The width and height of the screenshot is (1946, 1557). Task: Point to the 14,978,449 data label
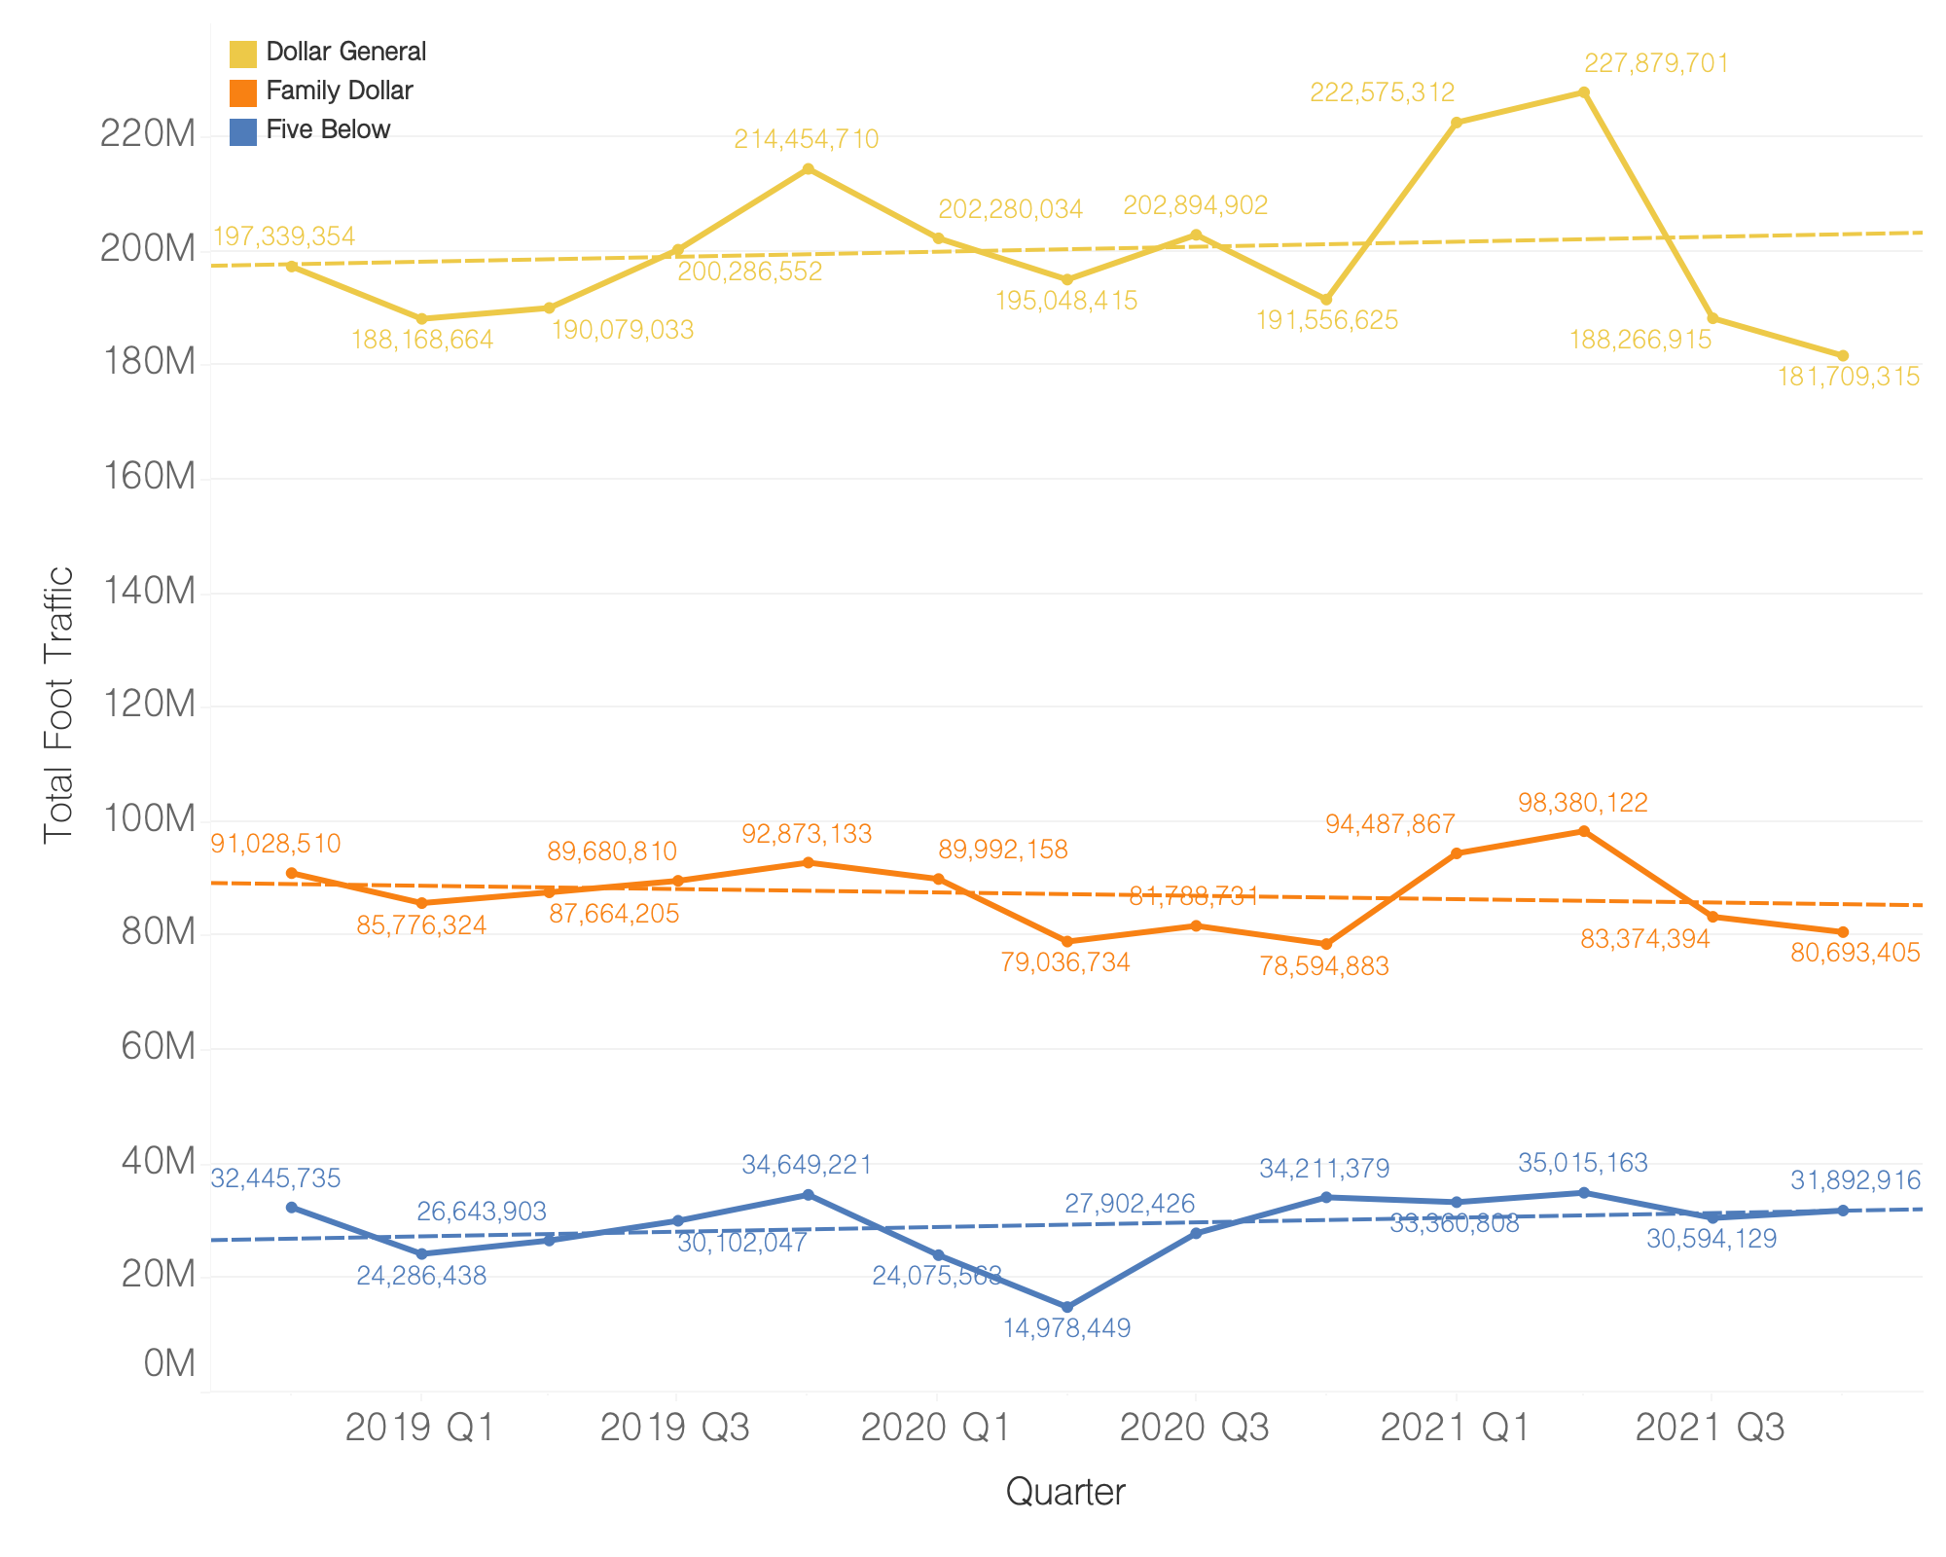[x=1066, y=1328]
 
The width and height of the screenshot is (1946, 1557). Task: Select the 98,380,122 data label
[x=1583, y=804]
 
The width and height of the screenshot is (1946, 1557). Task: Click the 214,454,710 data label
[x=806, y=140]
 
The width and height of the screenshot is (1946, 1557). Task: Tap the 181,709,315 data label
[x=1849, y=378]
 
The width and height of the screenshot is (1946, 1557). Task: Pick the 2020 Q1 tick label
[x=937, y=1429]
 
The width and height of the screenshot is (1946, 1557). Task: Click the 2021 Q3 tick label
[x=1711, y=1429]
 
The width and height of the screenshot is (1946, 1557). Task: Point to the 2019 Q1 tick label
[x=420, y=1429]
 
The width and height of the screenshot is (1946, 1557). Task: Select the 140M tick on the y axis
[x=149, y=592]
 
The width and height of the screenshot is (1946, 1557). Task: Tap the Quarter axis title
[x=1065, y=1492]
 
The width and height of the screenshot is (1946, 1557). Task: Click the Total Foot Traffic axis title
[x=59, y=706]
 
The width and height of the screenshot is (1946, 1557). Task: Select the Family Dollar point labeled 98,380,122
[x=1584, y=831]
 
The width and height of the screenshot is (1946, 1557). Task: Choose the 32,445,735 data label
[x=276, y=1179]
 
